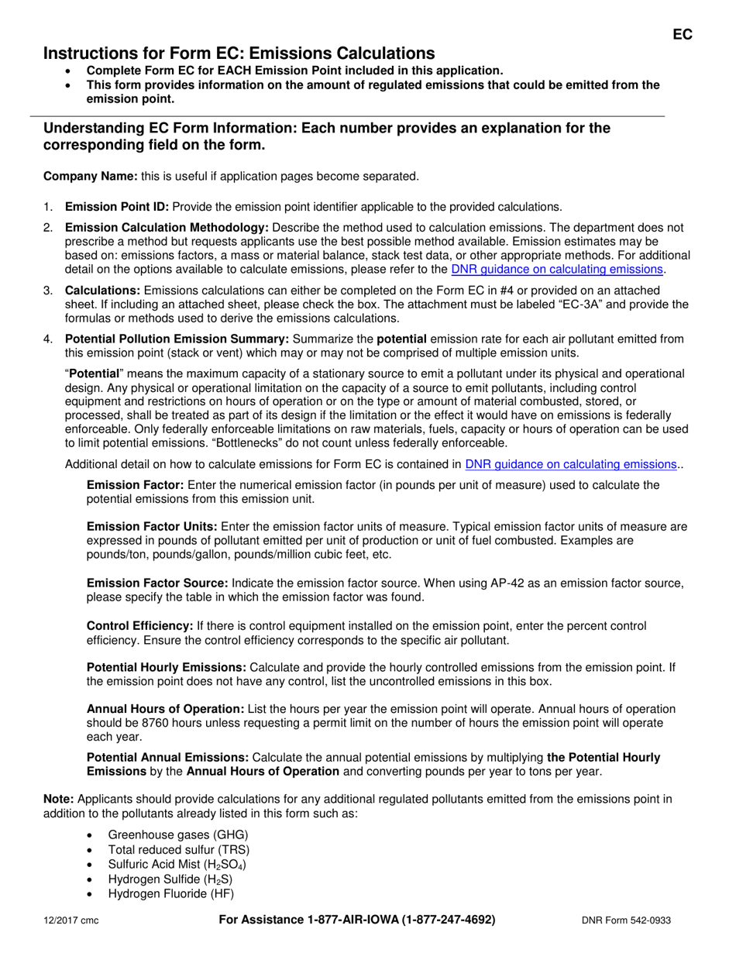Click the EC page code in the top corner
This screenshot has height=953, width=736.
(x=682, y=34)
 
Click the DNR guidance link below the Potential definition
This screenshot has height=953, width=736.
(x=570, y=464)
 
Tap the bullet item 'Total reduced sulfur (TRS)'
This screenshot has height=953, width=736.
(x=179, y=850)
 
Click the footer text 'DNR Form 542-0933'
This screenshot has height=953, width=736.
(x=626, y=920)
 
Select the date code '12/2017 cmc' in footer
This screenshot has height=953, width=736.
(x=71, y=920)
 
